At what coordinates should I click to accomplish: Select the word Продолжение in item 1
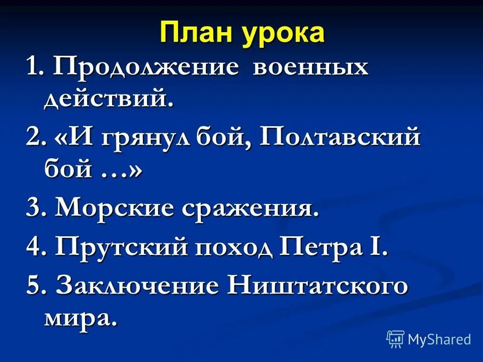coord(145,67)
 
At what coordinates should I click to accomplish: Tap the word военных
coord(310,67)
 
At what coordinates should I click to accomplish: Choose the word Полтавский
coord(340,137)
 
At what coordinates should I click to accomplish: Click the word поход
coord(229,247)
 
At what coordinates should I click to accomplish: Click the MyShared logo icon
coord(395,339)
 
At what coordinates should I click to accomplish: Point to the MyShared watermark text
coord(439,339)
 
